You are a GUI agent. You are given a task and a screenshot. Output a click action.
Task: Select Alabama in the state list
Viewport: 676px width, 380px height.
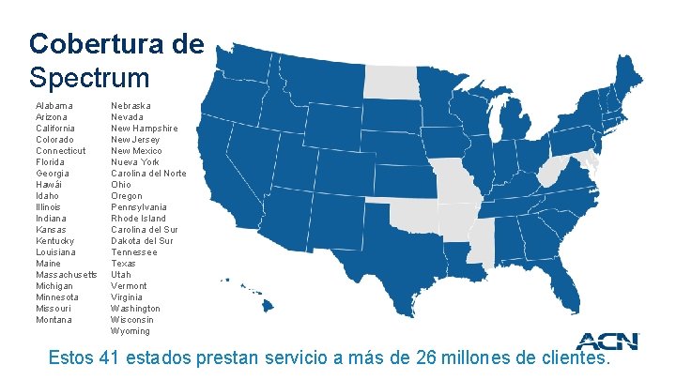point(54,106)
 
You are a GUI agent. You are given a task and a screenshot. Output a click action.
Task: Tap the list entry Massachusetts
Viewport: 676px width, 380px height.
point(66,275)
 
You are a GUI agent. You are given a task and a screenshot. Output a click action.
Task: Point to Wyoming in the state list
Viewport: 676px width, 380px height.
point(130,331)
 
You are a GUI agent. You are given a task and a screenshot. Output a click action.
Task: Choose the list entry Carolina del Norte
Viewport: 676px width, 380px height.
point(148,174)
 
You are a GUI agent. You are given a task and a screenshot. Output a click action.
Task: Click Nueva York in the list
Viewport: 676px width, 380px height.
point(135,162)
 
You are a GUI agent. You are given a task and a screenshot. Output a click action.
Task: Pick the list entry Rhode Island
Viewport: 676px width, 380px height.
point(139,219)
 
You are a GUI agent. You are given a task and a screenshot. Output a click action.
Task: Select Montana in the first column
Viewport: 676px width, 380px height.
point(53,320)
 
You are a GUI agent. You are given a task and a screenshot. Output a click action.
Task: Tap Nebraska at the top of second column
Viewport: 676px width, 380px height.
point(131,106)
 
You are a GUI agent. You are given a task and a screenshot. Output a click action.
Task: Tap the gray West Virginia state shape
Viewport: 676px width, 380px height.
point(557,172)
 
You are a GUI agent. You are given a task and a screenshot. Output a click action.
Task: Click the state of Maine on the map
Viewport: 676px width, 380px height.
point(630,71)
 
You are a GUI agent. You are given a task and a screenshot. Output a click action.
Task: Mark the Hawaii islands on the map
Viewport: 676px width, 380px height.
point(253,296)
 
